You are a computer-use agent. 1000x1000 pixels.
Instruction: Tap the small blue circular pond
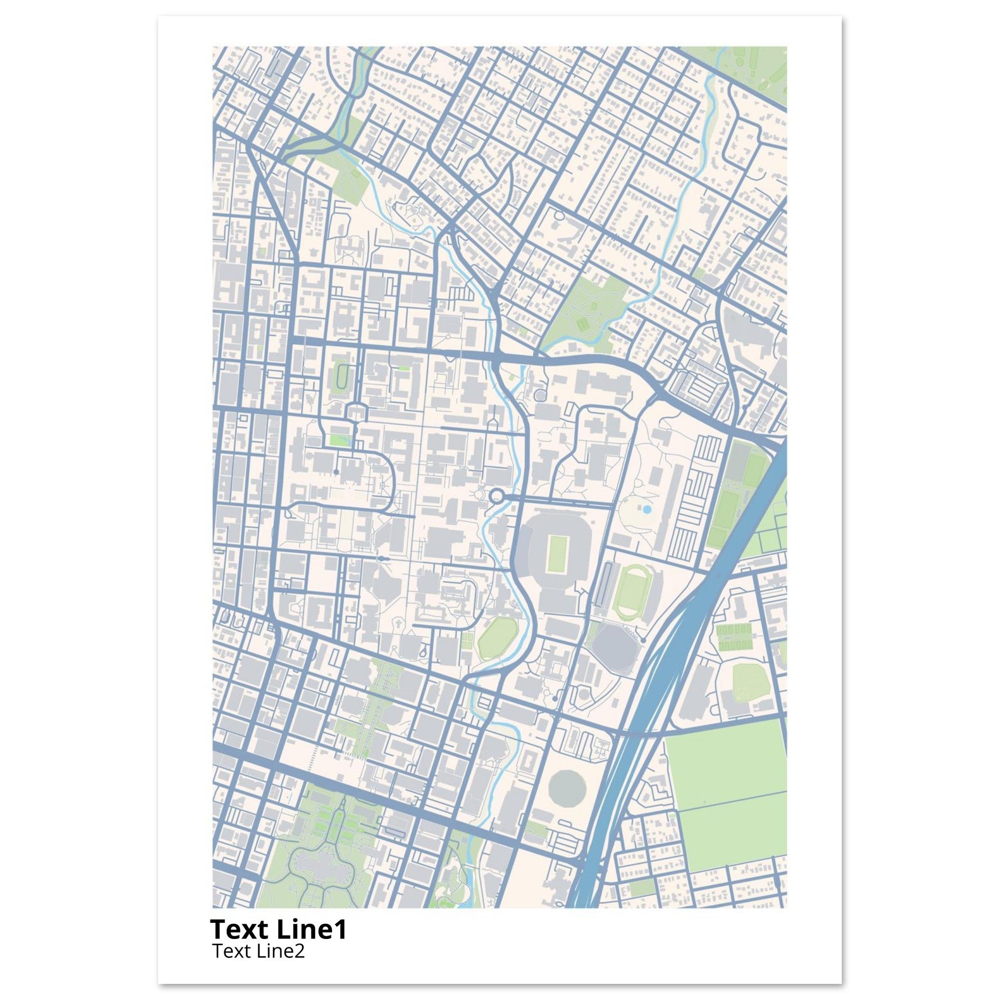pos(646,510)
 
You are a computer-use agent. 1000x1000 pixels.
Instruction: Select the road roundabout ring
pos(497,497)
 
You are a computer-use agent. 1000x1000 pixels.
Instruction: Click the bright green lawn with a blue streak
pos(339,441)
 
